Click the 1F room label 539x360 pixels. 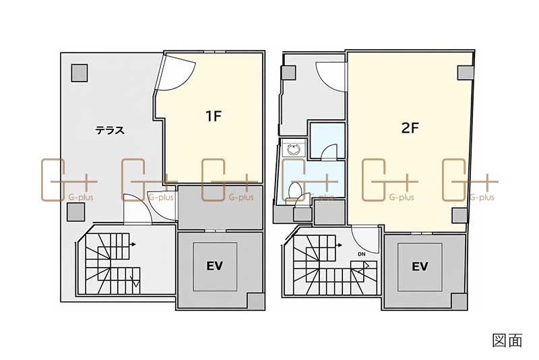[214, 116]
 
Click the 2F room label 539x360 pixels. [410, 128]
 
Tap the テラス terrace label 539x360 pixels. [110, 130]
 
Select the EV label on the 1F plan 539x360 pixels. [214, 266]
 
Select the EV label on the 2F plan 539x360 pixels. [420, 266]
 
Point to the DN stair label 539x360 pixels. [361, 254]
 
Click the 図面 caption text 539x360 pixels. [507, 340]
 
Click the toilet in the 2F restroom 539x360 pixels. [295, 191]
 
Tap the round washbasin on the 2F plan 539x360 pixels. [294, 150]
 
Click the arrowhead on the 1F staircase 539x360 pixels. [133, 245]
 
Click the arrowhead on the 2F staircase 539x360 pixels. [340, 245]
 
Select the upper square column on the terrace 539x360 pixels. [80, 73]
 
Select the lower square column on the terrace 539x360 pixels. [76, 212]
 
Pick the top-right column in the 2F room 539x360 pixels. [466, 72]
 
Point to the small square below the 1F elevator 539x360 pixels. [256, 301]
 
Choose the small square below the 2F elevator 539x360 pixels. [459, 301]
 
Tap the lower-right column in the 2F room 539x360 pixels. [459, 216]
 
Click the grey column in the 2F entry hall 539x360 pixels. [289, 73]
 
